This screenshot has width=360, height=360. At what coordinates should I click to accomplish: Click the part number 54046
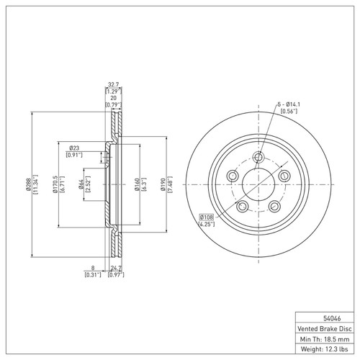[332, 318]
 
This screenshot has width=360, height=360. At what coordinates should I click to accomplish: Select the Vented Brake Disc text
[325, 328]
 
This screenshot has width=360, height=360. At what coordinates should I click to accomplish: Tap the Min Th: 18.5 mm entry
[325, 339]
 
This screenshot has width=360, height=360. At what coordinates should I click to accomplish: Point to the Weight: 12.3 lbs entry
[324, 349]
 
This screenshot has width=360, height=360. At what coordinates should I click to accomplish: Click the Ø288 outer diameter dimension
[28, 184]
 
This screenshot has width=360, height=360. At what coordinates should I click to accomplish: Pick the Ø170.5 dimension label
[55, 184]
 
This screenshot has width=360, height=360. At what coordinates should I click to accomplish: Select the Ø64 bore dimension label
[81, 184]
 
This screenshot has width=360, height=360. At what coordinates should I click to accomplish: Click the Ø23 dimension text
[74, 148]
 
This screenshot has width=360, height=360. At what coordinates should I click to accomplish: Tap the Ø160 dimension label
[137, 184]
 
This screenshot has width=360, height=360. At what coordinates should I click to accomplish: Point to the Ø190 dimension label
[163, 184]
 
